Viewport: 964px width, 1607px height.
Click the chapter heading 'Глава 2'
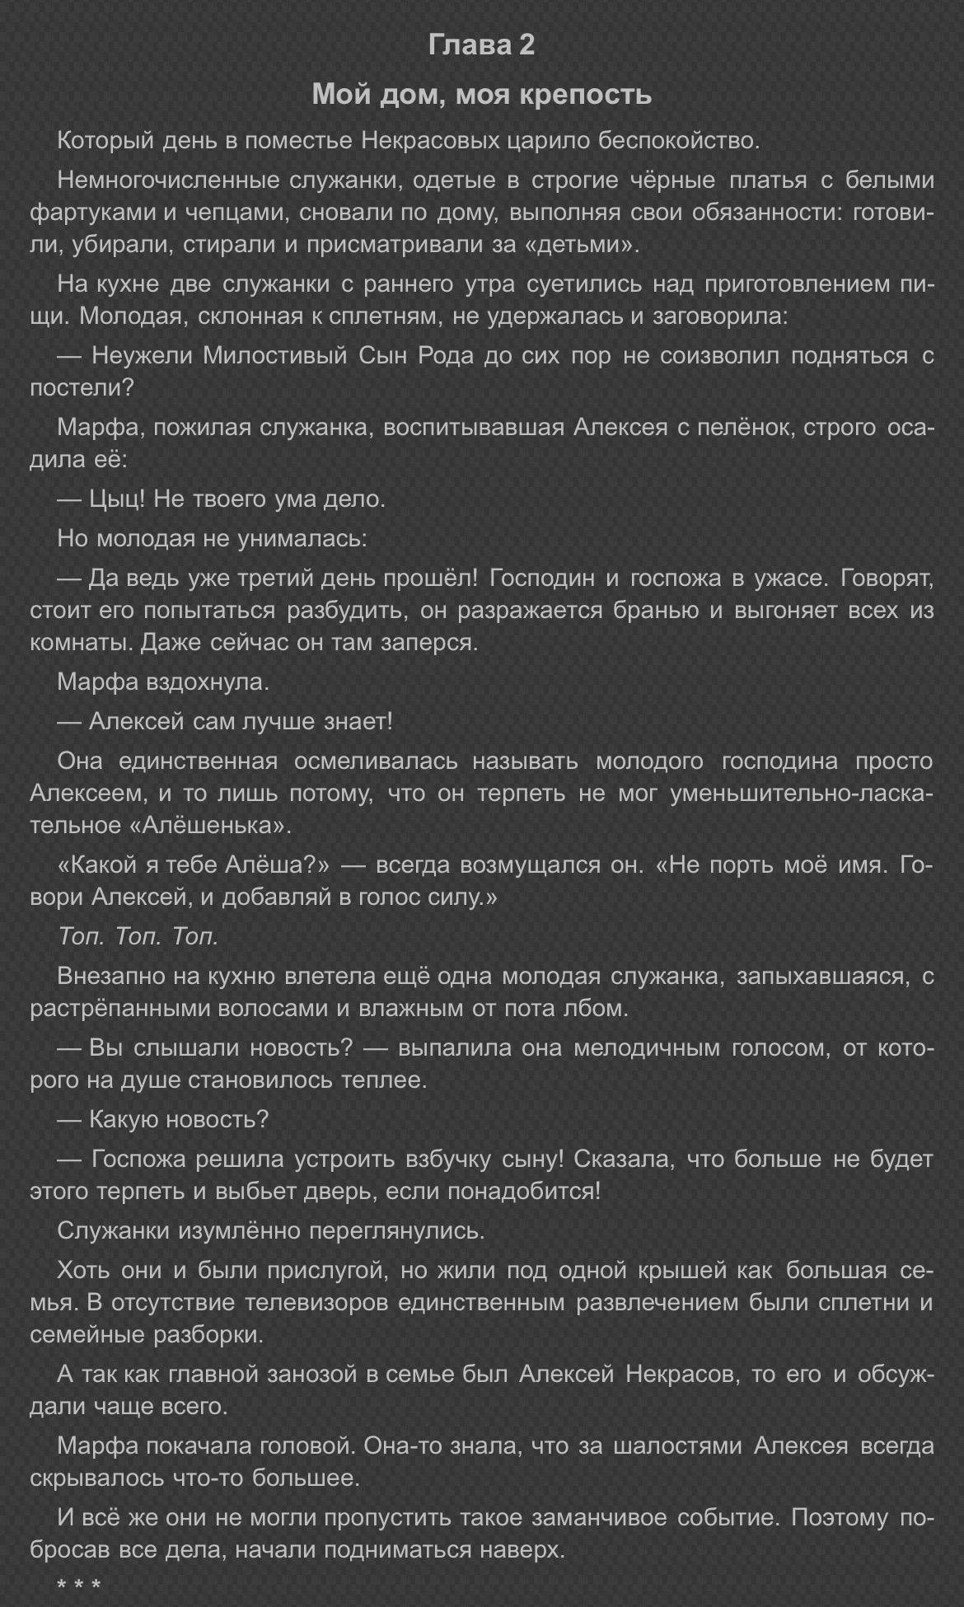481,45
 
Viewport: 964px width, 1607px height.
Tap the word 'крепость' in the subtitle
590,95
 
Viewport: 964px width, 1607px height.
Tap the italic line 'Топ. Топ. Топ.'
138,937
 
